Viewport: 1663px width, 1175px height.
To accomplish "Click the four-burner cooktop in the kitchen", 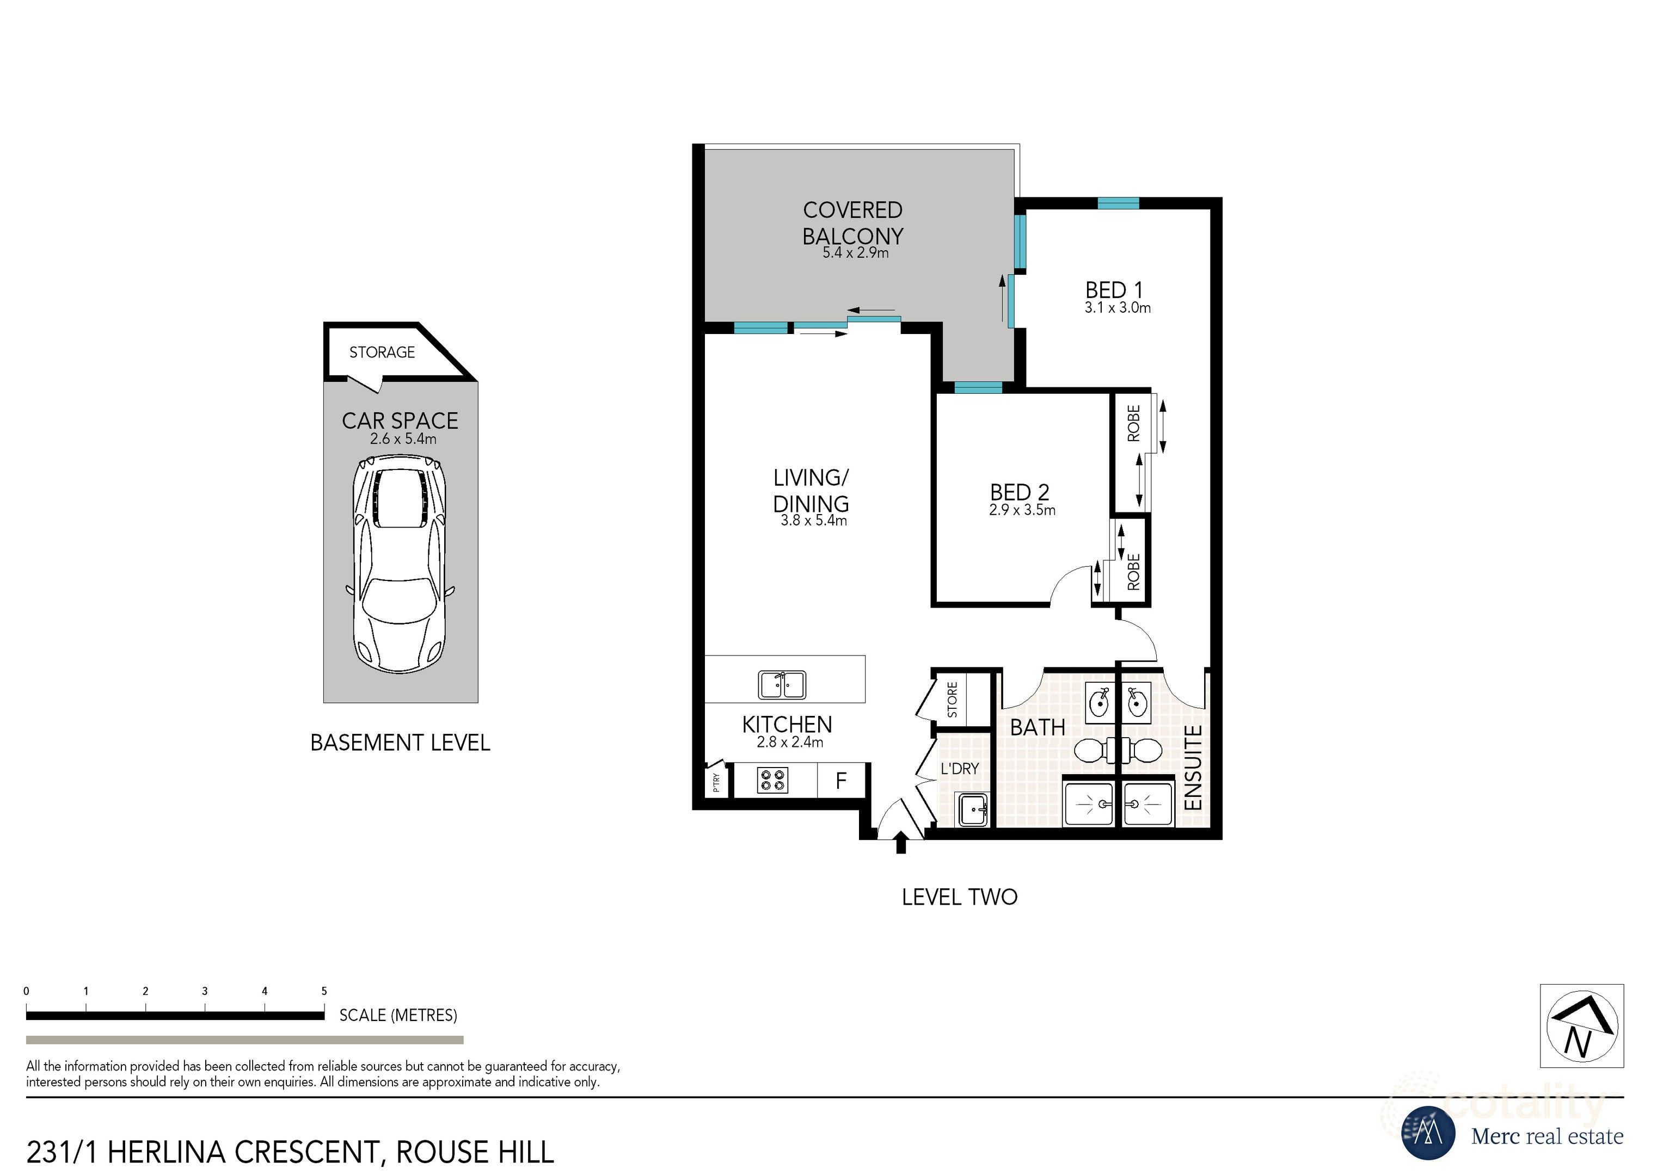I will pos(772,781).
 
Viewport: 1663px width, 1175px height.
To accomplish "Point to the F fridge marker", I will pos(841,781).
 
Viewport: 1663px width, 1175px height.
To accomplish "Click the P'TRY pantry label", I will pos(716,782).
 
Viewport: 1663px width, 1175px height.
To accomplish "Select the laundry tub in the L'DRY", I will pos(973,809).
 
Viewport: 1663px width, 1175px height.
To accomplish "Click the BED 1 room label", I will pos(1113,290).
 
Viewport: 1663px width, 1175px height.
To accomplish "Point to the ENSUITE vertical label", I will pos(1192,768).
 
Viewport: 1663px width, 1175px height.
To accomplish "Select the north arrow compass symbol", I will pos(1582,1026).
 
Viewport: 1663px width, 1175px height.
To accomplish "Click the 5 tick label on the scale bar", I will pos(324,991).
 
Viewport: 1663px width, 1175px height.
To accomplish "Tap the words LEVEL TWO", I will pos(959,898).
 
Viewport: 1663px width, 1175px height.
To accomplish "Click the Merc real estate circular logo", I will pos(1428,1133).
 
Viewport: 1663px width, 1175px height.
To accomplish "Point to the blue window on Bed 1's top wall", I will pos(1118,204).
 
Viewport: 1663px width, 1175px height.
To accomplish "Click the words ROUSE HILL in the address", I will pos(475,1153).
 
